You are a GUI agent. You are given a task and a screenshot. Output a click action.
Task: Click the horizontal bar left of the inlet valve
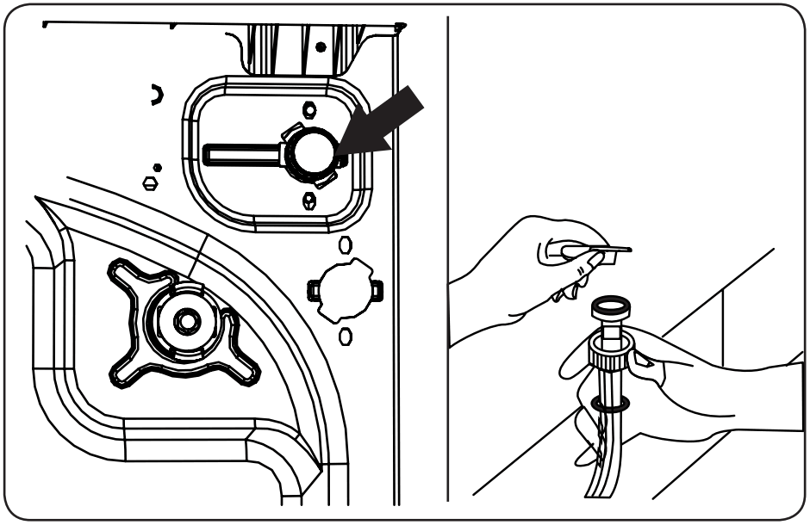(241, 152)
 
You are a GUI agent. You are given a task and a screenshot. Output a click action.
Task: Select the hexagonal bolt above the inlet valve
(309, 110)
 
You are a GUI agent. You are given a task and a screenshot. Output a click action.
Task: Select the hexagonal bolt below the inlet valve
(309, 201)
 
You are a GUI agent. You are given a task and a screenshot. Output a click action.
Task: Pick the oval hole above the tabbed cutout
(345, 245)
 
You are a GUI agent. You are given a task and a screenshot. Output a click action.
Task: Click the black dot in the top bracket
(321, 47)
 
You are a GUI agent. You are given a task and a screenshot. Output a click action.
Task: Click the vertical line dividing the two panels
(448, 258)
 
